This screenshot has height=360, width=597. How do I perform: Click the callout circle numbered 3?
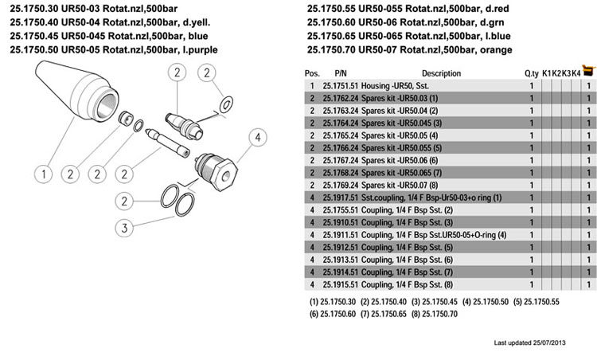click(x=124, y=229)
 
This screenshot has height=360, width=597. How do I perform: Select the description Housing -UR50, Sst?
click(x=400, y=85)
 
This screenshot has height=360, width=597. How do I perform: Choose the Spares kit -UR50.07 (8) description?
click(x=400, y=185)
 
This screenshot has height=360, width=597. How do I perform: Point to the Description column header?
click(x=441, y=73)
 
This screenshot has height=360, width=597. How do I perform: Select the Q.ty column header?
click(x=531, y=73)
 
